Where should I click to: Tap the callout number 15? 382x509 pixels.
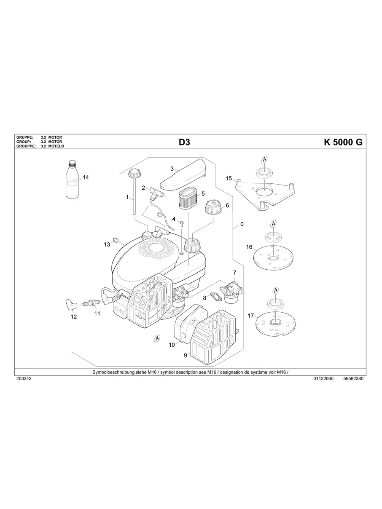[x=229, y=178]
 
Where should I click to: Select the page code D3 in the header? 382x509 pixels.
[x=184, y=142]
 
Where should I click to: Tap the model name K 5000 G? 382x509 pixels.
[x=343, y=142]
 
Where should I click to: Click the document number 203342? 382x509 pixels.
[x=23, y=378]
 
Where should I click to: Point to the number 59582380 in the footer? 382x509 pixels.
[x=353, y=378]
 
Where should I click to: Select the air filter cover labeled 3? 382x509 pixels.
[x=183, y=177]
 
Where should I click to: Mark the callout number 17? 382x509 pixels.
[x=250, y=315]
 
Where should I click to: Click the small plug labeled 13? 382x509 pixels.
[x=114, y=240]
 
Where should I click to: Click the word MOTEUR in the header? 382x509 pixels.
[x=56, y=146]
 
